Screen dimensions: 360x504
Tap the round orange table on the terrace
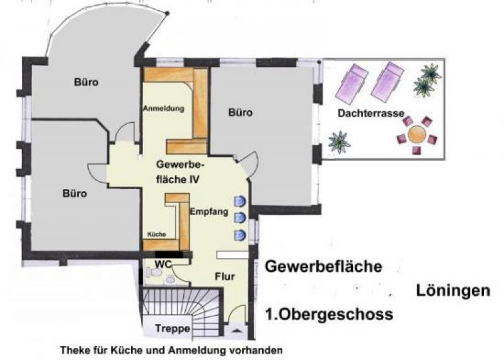click(416, 134)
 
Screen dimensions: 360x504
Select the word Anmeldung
click(163, 108)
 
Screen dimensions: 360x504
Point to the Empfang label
click(208, 212)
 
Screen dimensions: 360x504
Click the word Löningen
click(452, 291)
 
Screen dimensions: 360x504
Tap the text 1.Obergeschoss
click(320, 314)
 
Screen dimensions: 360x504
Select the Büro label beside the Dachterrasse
click(240, 113)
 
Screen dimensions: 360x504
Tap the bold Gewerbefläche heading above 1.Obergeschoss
click(323, 267)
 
